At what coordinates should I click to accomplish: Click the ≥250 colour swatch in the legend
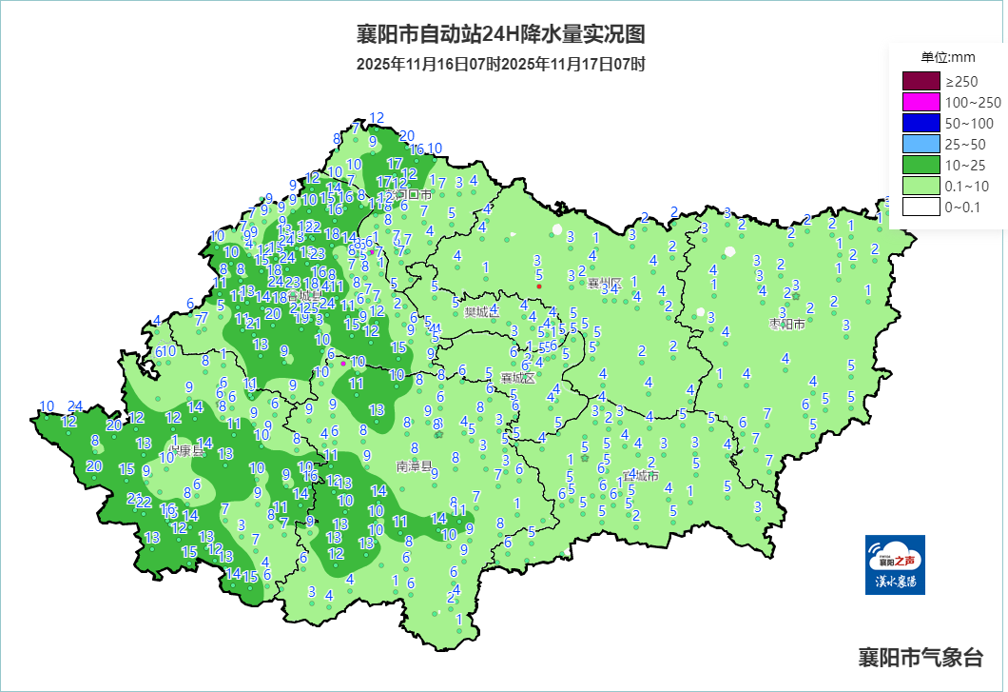(x=921, y=81)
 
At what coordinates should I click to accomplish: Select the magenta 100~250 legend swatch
(x=921, y=102)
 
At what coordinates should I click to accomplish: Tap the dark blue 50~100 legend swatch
(x=921, y=123)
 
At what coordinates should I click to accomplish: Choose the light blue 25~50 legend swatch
(x=921, y=144)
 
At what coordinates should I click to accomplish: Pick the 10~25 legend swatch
(x=921, y=166)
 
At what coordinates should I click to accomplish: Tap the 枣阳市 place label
(x=786, y=325)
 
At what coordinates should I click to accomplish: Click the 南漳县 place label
(x=415, y=468)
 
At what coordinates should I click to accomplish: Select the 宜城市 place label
(x=640, y=475)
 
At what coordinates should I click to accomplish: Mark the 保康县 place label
(x=186, y=449)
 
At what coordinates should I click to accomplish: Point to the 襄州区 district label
(x=604, y=283)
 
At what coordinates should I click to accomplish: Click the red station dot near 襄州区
(x=539, y=287)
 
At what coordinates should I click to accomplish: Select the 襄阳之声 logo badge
(x=895, y=564)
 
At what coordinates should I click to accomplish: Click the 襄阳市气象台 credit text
(x=920, y=657)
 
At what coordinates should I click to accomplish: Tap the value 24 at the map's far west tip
(x=76, y=405)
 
